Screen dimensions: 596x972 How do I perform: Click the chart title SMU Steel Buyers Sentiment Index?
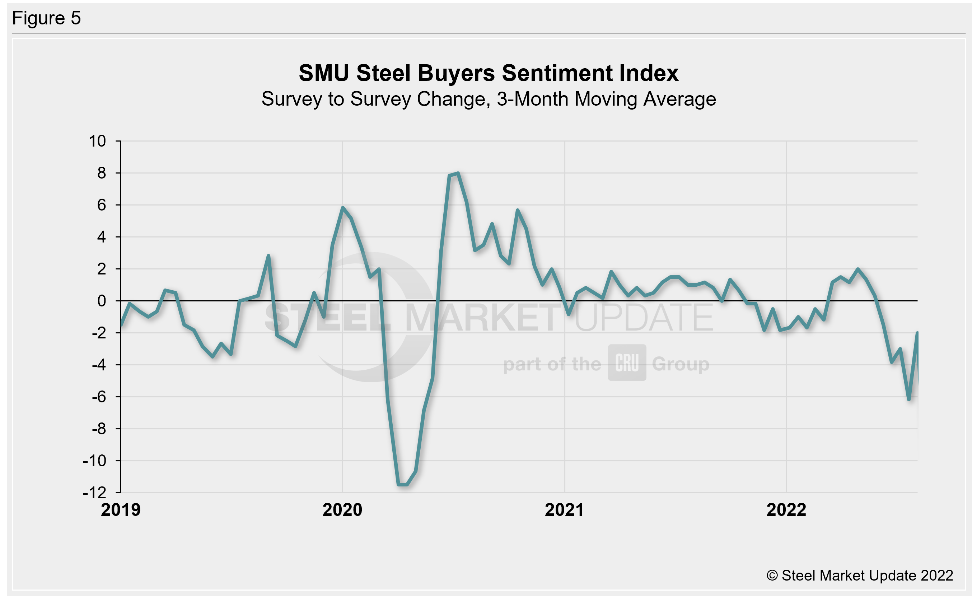(489, 73)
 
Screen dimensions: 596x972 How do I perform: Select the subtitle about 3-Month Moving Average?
(489, 99)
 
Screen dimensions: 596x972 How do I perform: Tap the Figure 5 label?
(47, 18)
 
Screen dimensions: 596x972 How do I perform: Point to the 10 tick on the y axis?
(97, 141)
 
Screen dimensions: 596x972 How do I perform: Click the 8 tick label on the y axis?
(102, 173)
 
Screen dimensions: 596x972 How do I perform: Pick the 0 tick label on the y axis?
(102, 301)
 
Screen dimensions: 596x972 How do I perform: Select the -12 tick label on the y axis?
(95, 493)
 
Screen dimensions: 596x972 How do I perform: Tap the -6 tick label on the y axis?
(99, 397)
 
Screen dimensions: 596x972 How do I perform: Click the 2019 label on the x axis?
(121, 510)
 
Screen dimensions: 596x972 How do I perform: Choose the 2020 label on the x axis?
(342, 510)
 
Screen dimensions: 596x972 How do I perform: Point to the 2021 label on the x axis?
(564, 510)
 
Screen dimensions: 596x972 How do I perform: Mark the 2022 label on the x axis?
(786, 510)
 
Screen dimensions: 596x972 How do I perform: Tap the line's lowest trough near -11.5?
(402, 484)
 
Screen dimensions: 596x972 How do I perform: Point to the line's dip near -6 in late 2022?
(909, 399)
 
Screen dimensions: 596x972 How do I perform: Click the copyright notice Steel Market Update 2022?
(860, 576)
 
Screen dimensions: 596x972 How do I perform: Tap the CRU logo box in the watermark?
(627, 363)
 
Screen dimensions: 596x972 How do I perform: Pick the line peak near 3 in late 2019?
(268, 256)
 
